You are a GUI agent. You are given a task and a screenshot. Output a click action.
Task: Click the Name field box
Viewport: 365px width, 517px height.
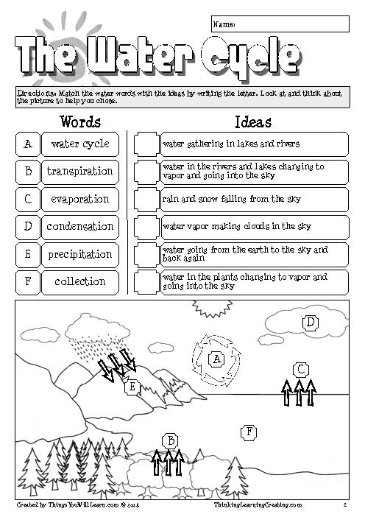coord(280,24)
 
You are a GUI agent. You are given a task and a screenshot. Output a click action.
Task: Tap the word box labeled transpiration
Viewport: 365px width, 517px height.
coord(79,172)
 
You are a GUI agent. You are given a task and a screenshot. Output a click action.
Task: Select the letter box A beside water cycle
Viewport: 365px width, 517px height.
coord(27,144)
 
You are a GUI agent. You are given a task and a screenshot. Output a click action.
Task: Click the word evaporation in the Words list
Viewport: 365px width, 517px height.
coord(79,199)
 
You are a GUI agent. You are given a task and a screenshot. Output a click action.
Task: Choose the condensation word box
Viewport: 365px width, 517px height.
coord(79,227)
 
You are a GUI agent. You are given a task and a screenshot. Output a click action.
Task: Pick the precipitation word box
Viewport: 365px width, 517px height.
coord(79,254)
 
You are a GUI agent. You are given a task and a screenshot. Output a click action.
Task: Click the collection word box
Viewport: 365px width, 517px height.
coord(79,281)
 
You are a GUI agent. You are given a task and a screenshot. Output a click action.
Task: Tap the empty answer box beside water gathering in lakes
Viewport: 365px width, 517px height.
coord(145,144)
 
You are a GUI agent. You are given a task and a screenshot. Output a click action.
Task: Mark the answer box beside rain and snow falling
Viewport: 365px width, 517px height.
coord(145,199)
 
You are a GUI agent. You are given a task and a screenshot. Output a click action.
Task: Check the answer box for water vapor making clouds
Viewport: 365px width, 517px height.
coord(145,227)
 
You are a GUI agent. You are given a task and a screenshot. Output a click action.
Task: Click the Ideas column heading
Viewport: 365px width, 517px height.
coord(252,122)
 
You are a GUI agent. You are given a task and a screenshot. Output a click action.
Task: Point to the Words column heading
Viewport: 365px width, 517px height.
coord(80,122)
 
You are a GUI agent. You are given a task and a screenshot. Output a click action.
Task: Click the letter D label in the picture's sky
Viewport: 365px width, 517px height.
coord(311,322)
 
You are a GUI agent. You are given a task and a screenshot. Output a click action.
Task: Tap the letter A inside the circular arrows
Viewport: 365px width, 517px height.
coord(216,359)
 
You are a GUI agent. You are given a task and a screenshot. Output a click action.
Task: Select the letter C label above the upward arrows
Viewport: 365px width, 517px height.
coord(300,369)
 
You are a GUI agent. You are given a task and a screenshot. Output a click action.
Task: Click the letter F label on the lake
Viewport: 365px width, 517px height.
coord(250,432)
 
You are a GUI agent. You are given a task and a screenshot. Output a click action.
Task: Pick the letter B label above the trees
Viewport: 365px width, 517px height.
coord(170,440)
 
